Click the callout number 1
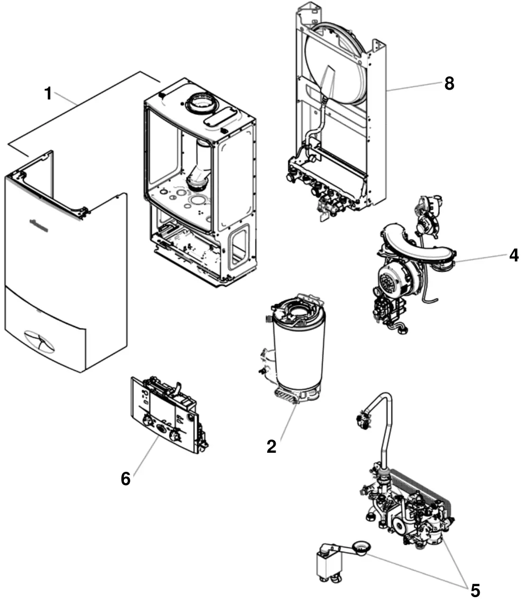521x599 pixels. tap(48, 94)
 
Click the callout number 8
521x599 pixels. tap(449, 84)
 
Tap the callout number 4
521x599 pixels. tap(513, 255)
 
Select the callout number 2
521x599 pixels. tap(271, 447)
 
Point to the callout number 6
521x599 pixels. tap(125, 479)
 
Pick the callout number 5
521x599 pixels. tap(475, 590)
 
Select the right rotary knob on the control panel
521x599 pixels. tap(177, 434)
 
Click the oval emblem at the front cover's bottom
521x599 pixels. tap(39, 341)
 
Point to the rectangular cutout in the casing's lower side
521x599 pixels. tap(238, 246)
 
